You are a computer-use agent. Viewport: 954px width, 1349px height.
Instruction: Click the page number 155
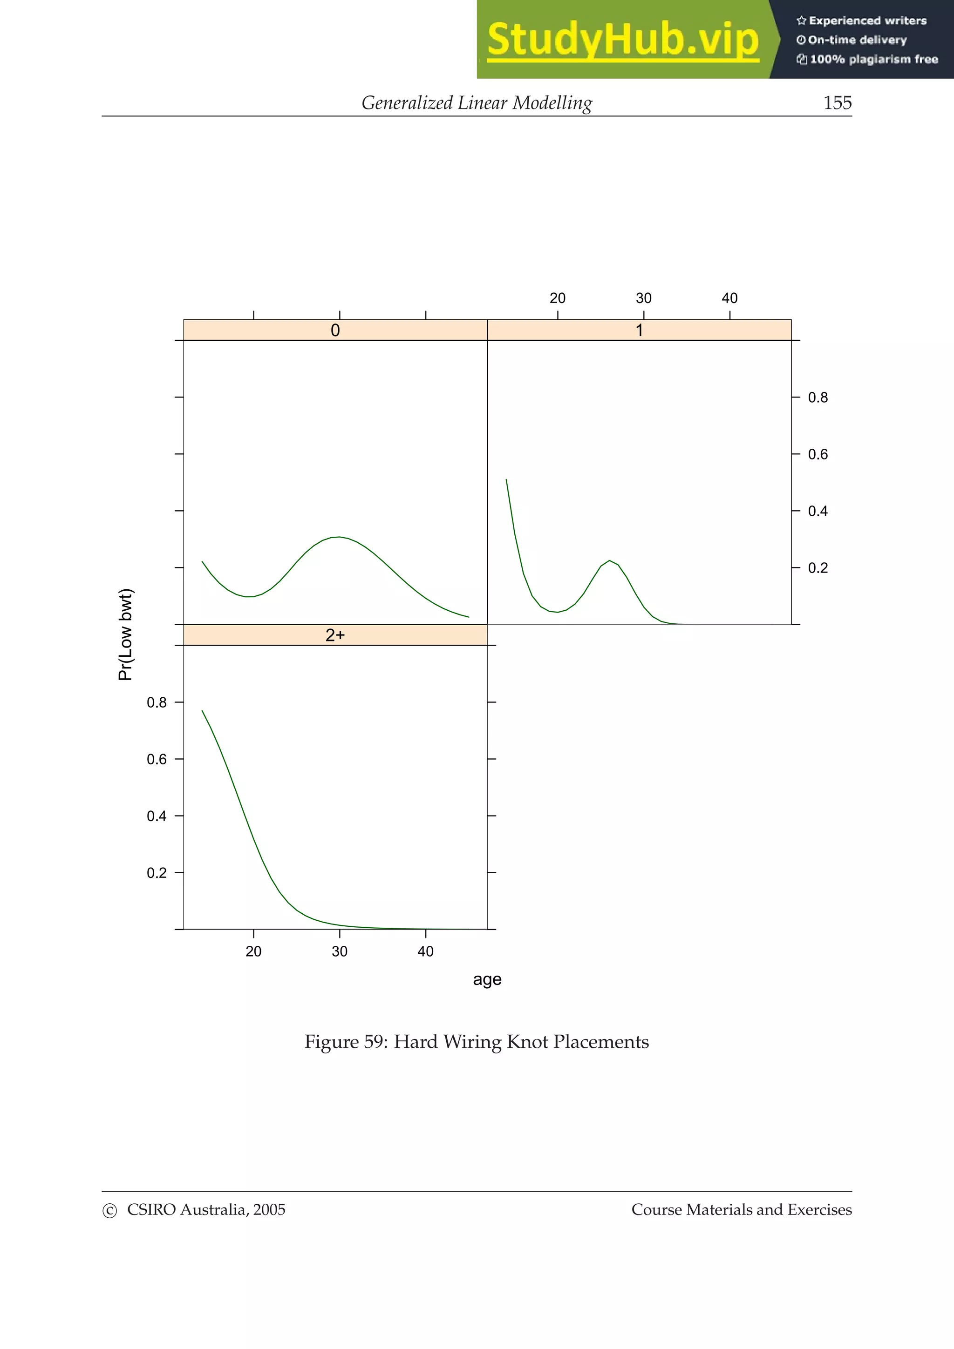pos(837,103)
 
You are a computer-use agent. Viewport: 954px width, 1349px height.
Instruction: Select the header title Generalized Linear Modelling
pos(477,103)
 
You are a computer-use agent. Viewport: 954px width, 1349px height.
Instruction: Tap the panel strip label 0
pos(335,330)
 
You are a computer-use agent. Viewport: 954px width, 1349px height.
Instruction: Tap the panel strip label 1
pos(640,330)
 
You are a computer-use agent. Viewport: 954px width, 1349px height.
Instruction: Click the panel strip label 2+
pos(335,635)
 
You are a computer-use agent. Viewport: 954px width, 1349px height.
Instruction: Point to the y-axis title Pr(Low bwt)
pos(126,634)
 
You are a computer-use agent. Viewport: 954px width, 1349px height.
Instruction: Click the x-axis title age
pos(487,979)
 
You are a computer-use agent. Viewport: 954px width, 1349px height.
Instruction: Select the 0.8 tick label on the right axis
pos(818,398)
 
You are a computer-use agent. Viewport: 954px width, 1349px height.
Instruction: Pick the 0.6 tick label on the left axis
pos(157,759)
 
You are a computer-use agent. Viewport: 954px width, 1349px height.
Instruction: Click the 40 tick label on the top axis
pos(729,298)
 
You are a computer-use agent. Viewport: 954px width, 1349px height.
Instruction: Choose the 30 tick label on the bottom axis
pos(340,951)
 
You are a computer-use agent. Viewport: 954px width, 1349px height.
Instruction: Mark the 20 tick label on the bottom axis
pos(253,951)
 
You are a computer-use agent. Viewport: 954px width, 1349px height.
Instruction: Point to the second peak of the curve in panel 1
pos(610,560)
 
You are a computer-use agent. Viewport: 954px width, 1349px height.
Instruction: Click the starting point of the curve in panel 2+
pos(202,710)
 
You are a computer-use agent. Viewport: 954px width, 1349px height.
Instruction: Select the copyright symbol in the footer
pos(109,1211)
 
